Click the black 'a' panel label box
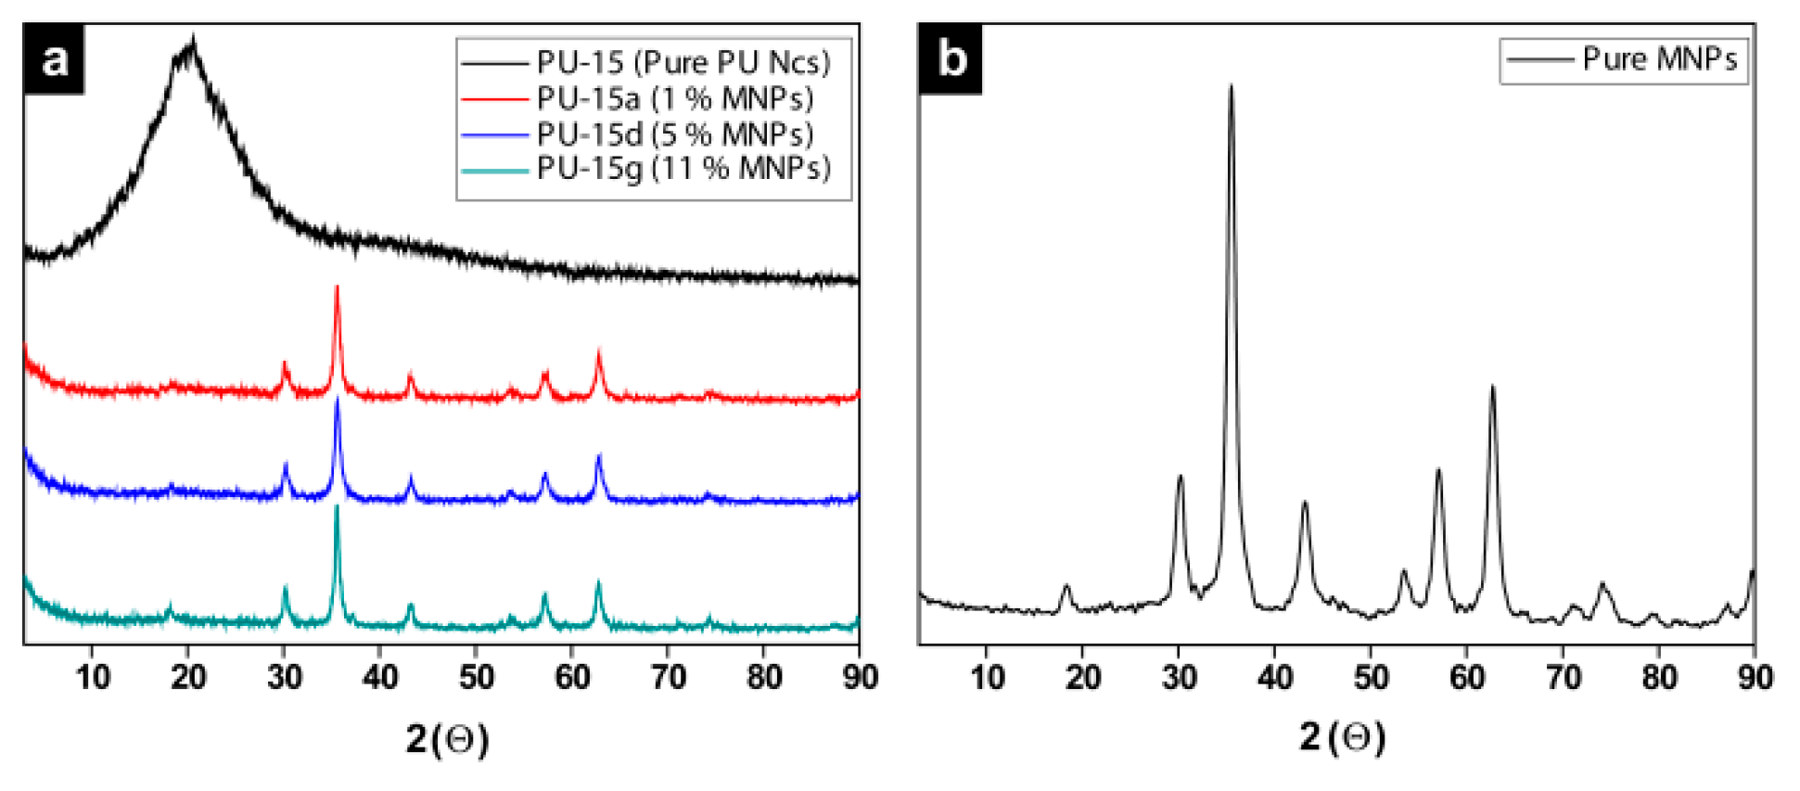(54, 60)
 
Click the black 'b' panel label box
(951, 59)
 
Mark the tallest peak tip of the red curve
(337, 288)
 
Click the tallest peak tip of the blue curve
(337, 400)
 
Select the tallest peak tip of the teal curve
(337, 507)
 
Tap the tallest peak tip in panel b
(1231, 86)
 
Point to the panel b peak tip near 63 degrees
(1492, 387)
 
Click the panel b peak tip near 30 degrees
(1181, 477)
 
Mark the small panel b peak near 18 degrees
(1066, 586)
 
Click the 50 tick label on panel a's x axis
(476, 678)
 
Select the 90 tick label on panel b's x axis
(1755, 678)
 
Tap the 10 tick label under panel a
(93, 678)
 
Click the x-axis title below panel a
(447, 739)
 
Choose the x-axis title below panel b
(1342, 737)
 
